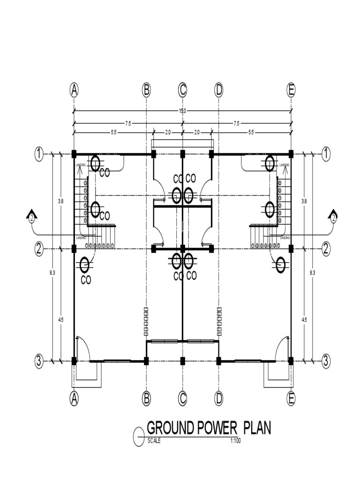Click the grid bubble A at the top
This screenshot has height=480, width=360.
(x=74, y=90)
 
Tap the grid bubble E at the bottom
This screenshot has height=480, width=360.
(x=291, y=398)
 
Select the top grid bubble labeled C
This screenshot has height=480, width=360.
(x=182, y=90)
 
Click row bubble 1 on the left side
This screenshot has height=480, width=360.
(x=39, y=153)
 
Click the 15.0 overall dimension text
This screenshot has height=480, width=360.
(x=182, y=111)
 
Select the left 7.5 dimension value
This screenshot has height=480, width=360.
(x=128, y=123)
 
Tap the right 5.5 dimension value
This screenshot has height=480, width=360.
(x=251, y=133)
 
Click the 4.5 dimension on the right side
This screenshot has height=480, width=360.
(x=304, y=320)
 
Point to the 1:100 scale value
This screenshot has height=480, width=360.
(x=235, y=441)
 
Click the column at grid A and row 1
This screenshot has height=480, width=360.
(x=74, y=153)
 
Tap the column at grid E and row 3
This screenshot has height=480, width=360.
(x=291, y=360)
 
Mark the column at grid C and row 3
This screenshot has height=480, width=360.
(x=183, y=360)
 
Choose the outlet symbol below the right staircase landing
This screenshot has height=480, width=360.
(x=280, y=265)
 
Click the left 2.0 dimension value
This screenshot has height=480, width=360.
(x=167, y=133)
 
